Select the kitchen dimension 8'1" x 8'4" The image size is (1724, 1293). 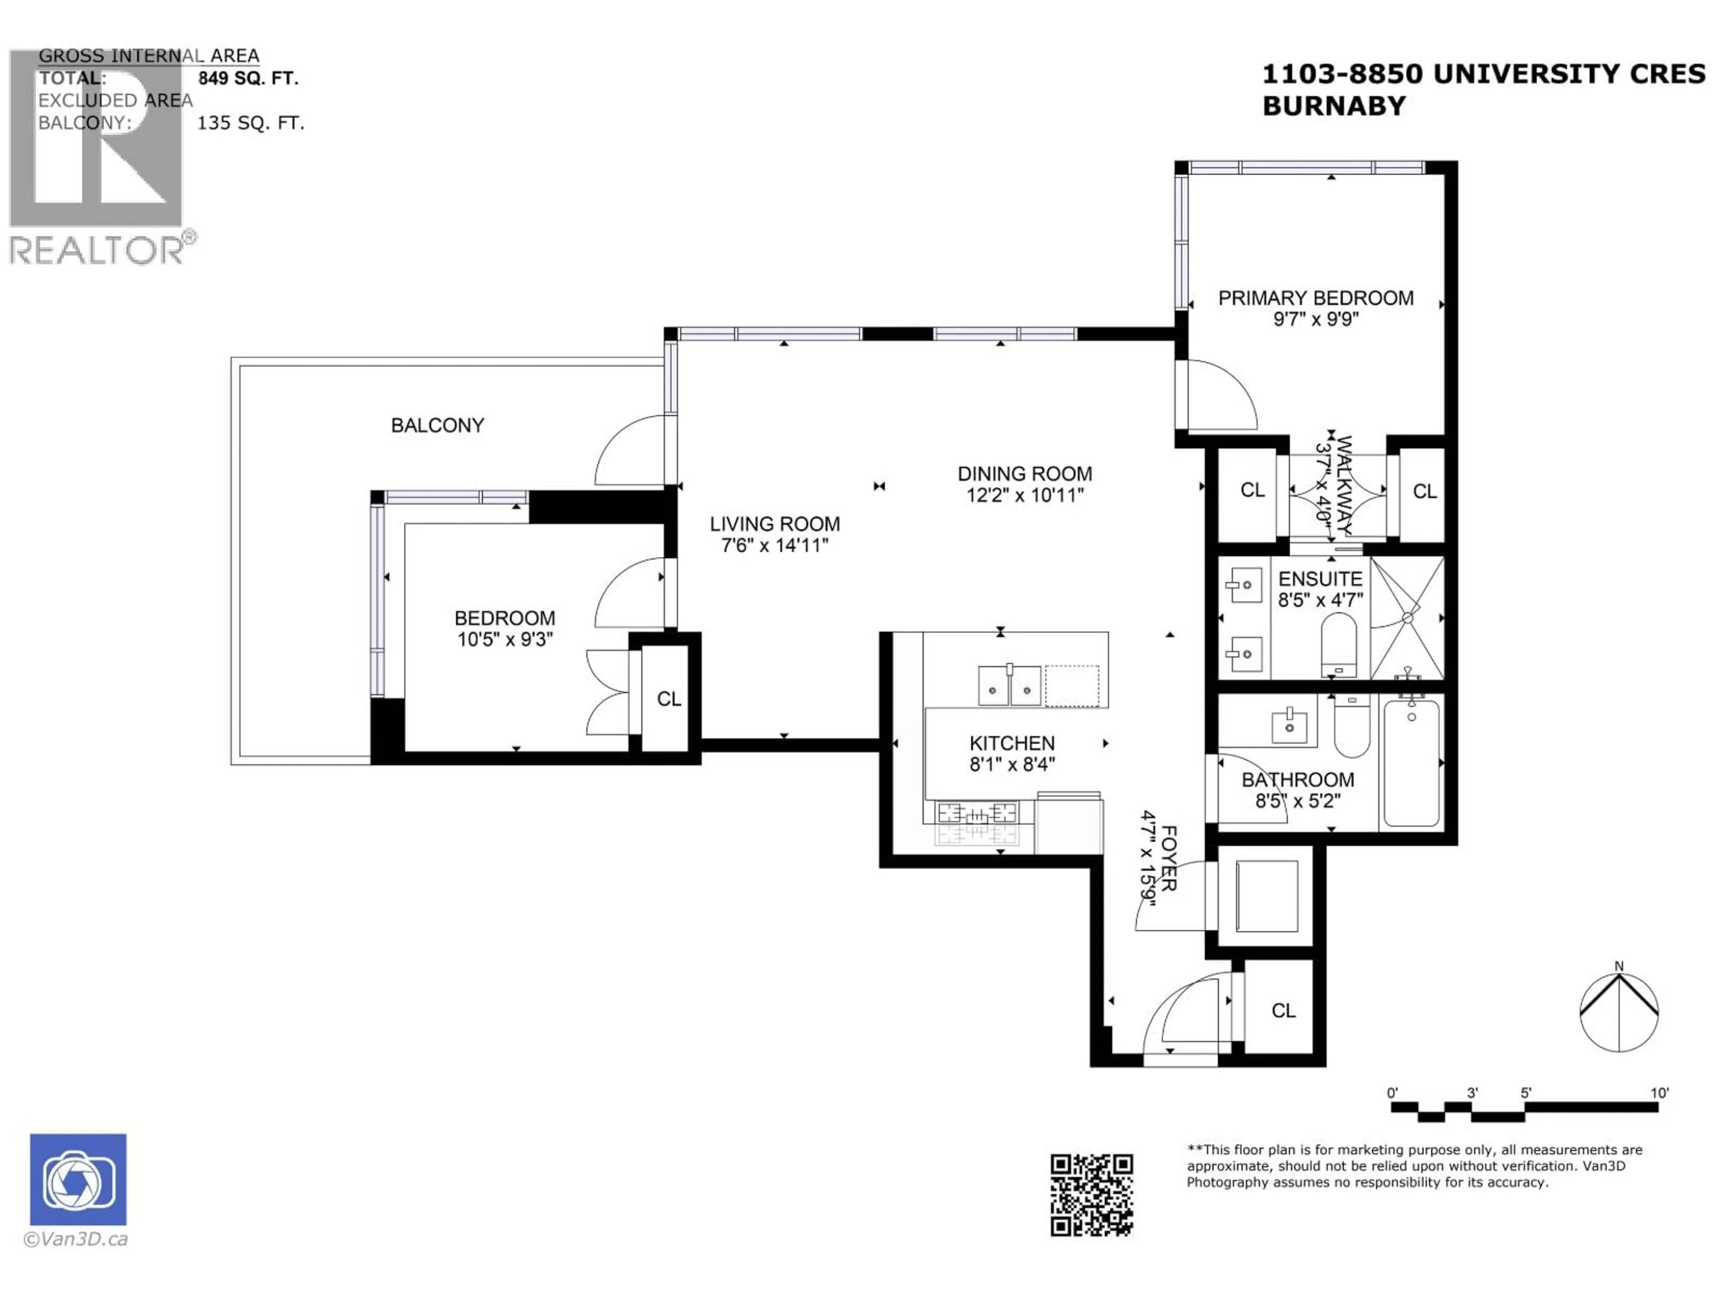point(1012,765)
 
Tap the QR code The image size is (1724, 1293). point(1091,1195)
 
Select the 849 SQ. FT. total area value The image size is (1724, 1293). point(248,78)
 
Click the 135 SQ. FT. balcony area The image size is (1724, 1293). point(250,123)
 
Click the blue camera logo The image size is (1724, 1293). point(78,1179)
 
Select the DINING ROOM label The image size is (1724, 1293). point(1024,474)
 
